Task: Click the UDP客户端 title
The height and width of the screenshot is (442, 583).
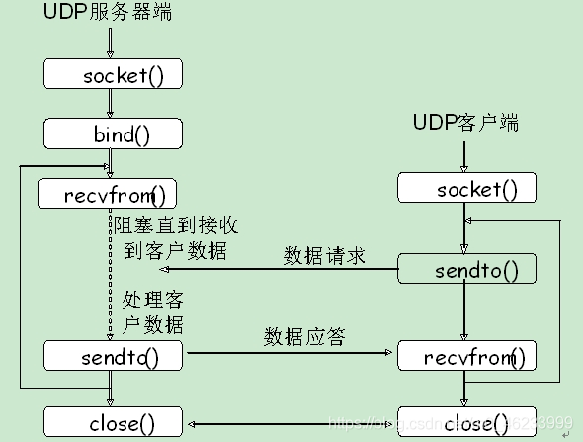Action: [465, 123]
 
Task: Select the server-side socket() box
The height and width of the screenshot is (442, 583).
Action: [113, 74]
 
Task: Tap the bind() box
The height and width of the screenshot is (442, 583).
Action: [113, 133]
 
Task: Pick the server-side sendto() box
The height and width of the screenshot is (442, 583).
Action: [113, 354]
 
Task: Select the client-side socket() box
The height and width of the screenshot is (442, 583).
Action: [466, 188]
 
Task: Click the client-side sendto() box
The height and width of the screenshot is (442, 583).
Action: [466, 269]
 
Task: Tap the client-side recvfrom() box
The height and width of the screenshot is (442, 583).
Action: [466, 355]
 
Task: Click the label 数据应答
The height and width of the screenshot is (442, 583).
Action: [304, 336]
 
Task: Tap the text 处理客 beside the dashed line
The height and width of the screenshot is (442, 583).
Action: [152, 299]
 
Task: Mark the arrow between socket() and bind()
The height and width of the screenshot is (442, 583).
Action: [112, 104]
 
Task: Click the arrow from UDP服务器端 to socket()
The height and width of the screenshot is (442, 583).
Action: [112, 43]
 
